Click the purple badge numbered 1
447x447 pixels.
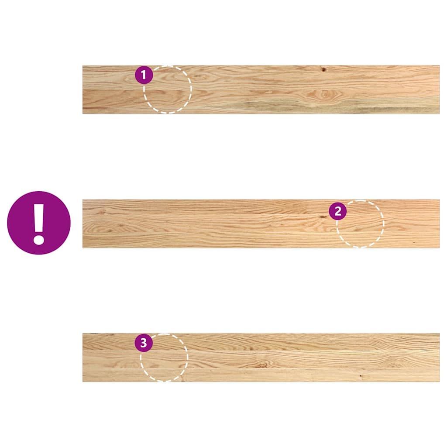[144, 75]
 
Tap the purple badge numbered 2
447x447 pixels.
[338, 211]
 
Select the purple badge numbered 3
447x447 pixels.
[144, 343]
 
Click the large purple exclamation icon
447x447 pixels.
[39, 223]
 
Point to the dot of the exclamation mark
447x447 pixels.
[39, 239]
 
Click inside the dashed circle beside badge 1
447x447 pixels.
[168, 89]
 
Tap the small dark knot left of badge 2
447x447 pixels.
[323, 217]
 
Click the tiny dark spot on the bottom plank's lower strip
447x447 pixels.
[361, 376]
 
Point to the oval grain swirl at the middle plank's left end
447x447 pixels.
[102, 227]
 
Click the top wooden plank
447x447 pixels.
[261, 89]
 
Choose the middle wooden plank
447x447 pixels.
[261, 224]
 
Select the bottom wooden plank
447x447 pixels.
[261, 358]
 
